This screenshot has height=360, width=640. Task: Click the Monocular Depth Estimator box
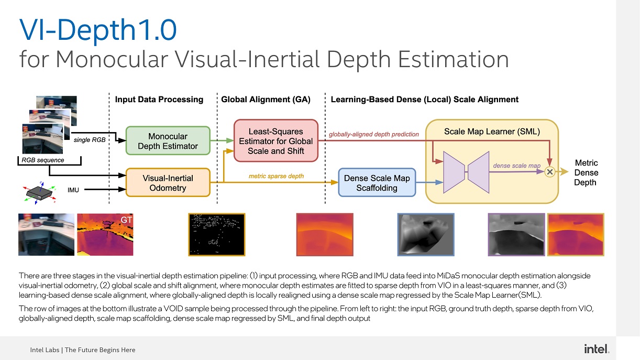coord(168,140)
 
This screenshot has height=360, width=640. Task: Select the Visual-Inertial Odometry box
coord(168,183)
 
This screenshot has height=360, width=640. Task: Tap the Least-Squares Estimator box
coord(276,140)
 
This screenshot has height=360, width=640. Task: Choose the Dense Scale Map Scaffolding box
coord(377,183)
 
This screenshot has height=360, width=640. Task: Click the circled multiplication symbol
coord(550,172)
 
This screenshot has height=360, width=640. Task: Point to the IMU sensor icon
coord(40,193)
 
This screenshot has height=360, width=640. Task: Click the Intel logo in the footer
coord(597,349)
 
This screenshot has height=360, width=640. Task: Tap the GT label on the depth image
coord(126,220)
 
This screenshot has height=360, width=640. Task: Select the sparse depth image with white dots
coord(217,234)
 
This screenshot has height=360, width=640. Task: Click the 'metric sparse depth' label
coord(276,176)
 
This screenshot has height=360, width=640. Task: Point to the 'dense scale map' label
coord(516,166)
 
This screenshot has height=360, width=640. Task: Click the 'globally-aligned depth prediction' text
coord(374,134)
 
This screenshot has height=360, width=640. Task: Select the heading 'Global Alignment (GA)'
coord(266,100)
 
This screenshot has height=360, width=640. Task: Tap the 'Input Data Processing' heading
coord(159,100)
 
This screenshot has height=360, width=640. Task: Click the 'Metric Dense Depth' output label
coord(586,173)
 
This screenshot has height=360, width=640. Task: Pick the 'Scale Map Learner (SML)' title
coord(492,132)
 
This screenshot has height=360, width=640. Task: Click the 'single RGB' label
coord(90,140)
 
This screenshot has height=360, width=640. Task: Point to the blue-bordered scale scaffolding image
coord(426,234)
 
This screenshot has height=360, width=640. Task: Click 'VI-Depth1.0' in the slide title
coord(98,30)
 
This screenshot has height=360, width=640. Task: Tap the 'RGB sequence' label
coord(43,160)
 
